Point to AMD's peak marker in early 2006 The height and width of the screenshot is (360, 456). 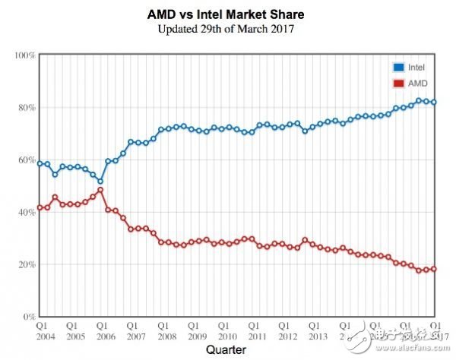click(100, 190)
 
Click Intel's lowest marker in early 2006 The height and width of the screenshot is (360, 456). click(100, 182)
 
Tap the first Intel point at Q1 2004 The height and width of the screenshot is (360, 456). click(40, 163)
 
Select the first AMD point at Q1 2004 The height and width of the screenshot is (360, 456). click(40, 207)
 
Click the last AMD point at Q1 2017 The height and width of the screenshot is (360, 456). click(434, 269)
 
